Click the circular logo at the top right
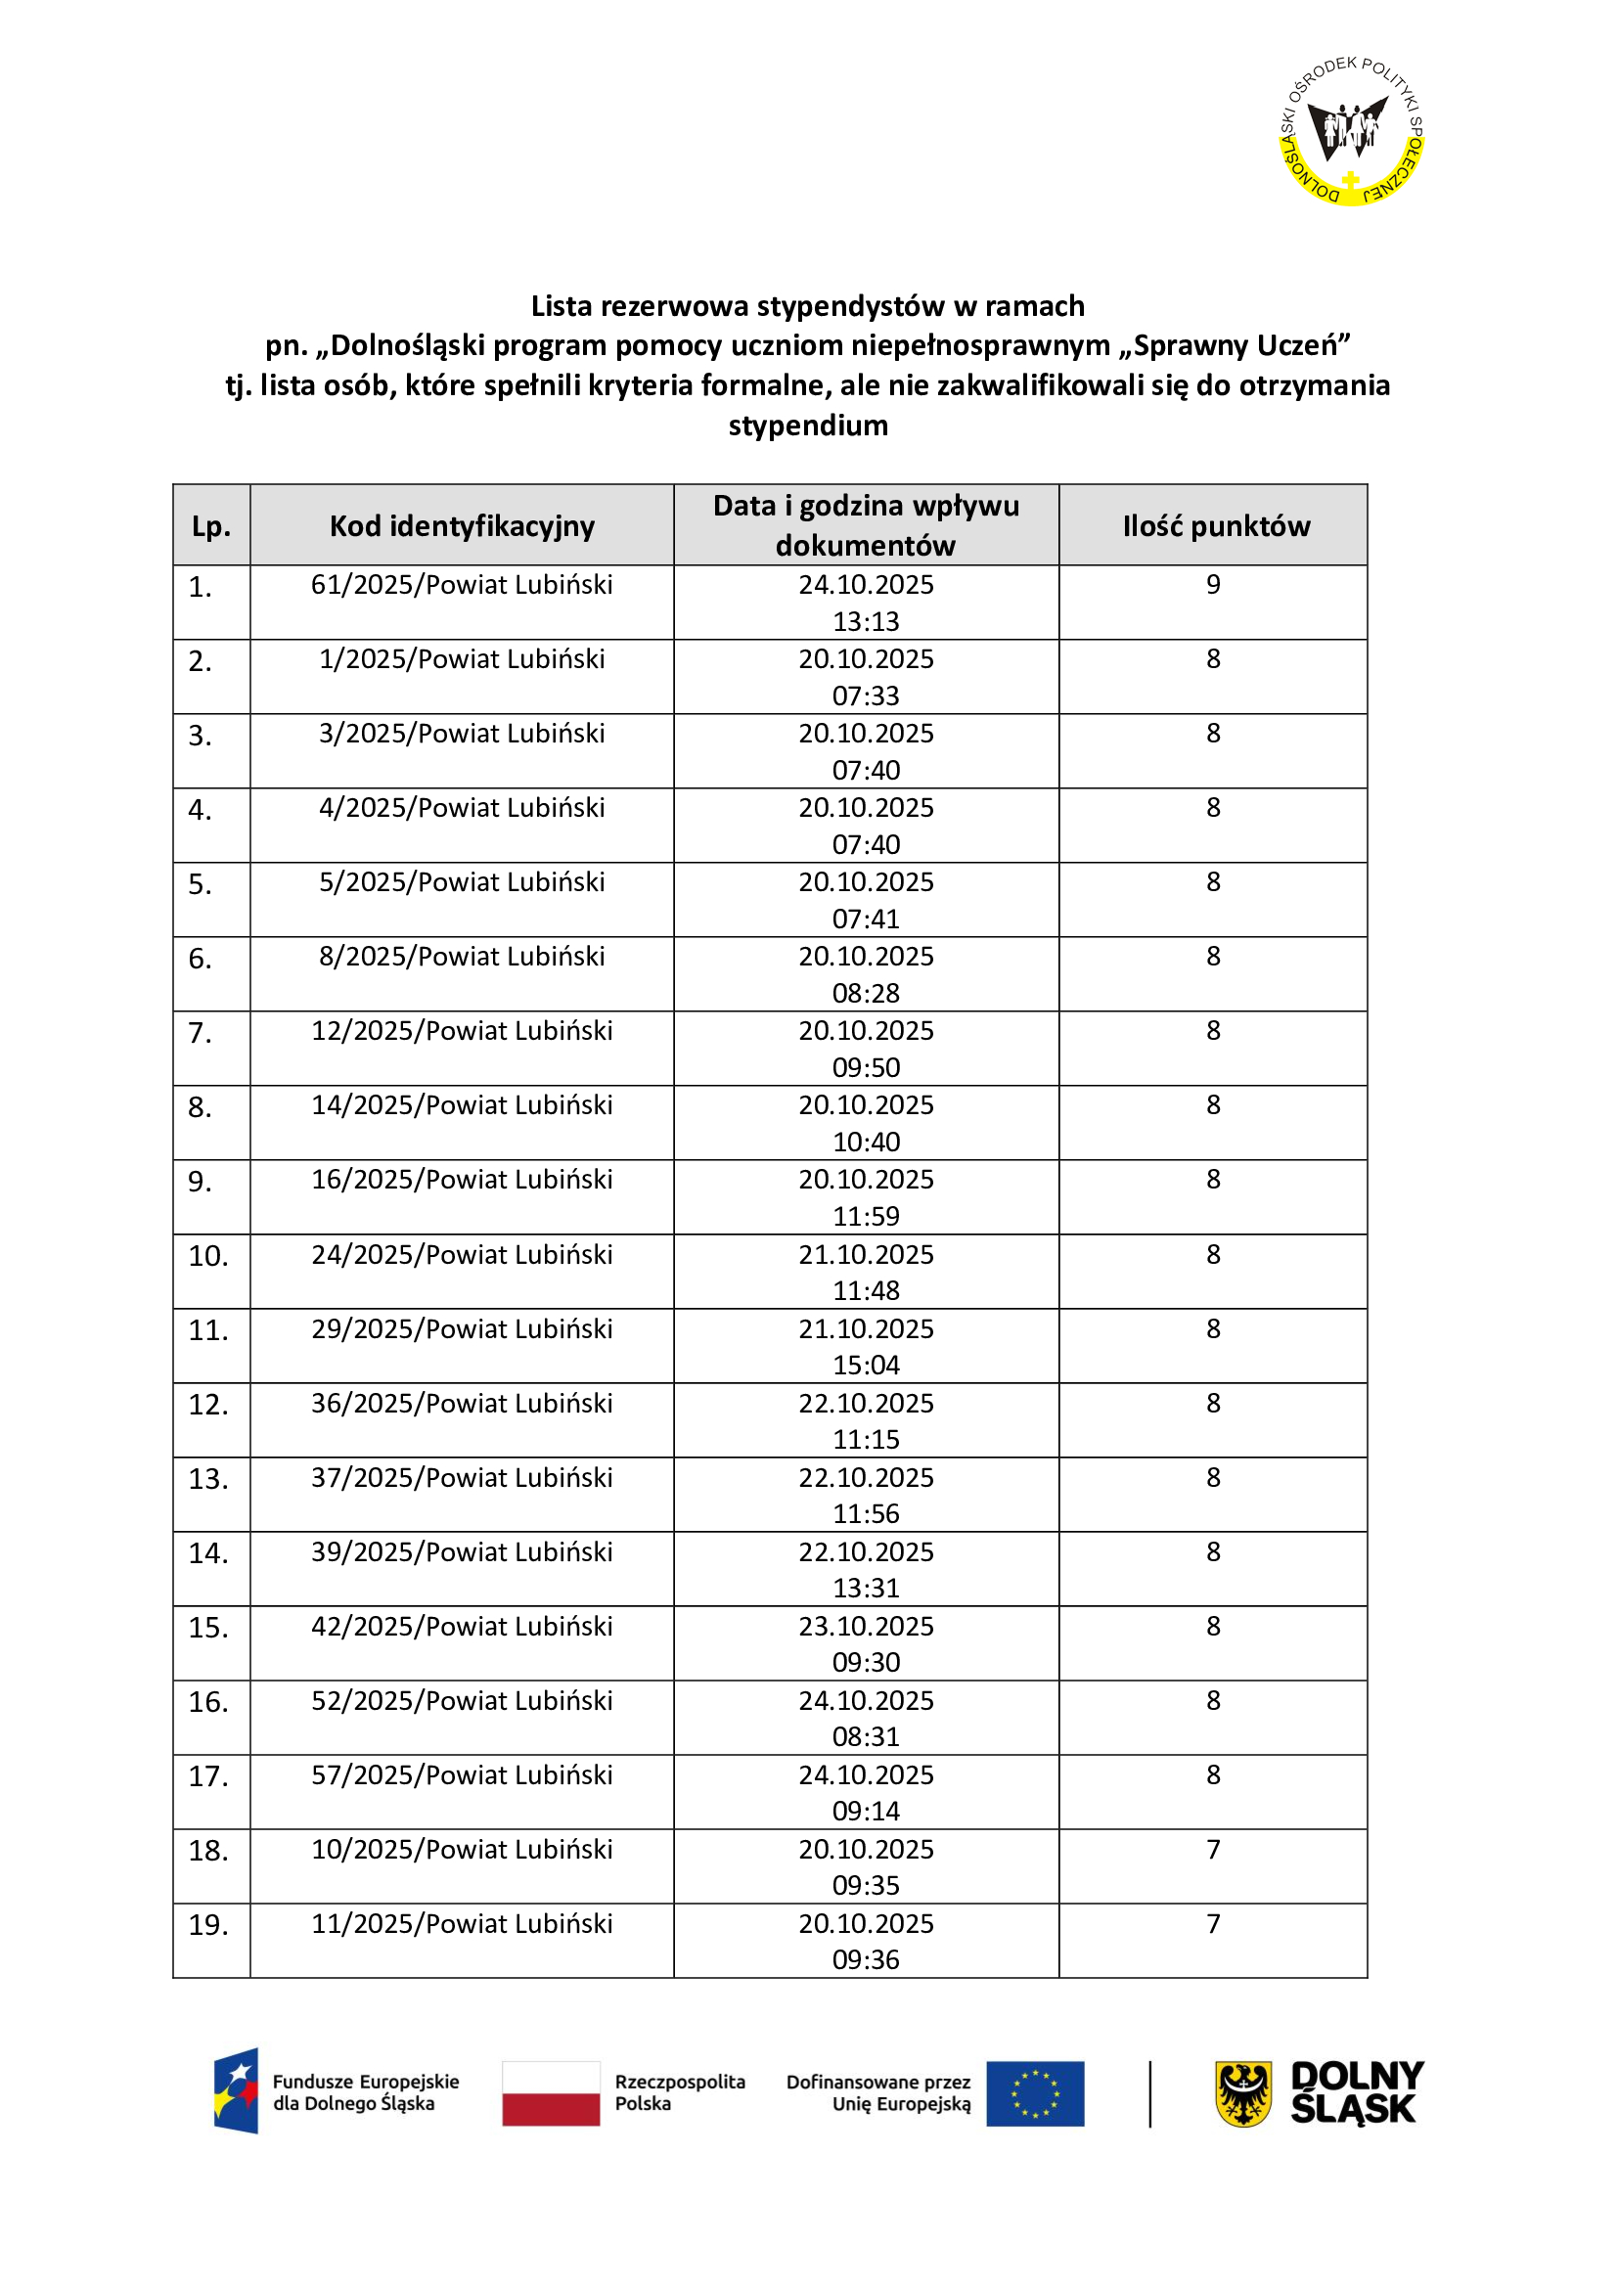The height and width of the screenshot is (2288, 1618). click(x=1351, y=130)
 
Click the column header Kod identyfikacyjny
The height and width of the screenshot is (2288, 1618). click(x=462, y=526)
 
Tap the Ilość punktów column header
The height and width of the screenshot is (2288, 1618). click(x=1216, y=526)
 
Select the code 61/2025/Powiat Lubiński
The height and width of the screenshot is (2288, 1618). click(x=462, y=585)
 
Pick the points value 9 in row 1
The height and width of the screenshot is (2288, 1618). click(x=1212, y=585)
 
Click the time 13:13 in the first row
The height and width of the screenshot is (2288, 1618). click(x=866, y=622)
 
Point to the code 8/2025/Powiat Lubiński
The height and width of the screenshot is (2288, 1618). click(x=462, y=957)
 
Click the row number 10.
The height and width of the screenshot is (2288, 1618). click(x=208, y=1256)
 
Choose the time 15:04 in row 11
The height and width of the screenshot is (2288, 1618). click(x=866, y=1366)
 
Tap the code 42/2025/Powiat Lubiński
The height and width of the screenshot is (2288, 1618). click(x=462, y=1627)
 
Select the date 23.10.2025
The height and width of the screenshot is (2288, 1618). click(x=866, y=1627)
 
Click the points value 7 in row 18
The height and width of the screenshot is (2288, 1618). click(x=1212, y=1850)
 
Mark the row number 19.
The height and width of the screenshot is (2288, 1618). click(x=208, y=1925)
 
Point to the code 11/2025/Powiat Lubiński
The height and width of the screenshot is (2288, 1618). click(x=462, y=1923)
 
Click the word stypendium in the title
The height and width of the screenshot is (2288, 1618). click(x=808, y=426)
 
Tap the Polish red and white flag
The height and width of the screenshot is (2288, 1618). click(x=551, y=2093)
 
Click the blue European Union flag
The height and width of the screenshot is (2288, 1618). click(x=1035, y=2093)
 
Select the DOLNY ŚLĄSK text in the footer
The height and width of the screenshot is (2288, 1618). click(x=1356, y=2092)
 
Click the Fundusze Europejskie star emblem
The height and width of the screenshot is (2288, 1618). click(x=237, y=2090)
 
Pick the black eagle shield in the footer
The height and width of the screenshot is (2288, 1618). click(x=1243, y=2093)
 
